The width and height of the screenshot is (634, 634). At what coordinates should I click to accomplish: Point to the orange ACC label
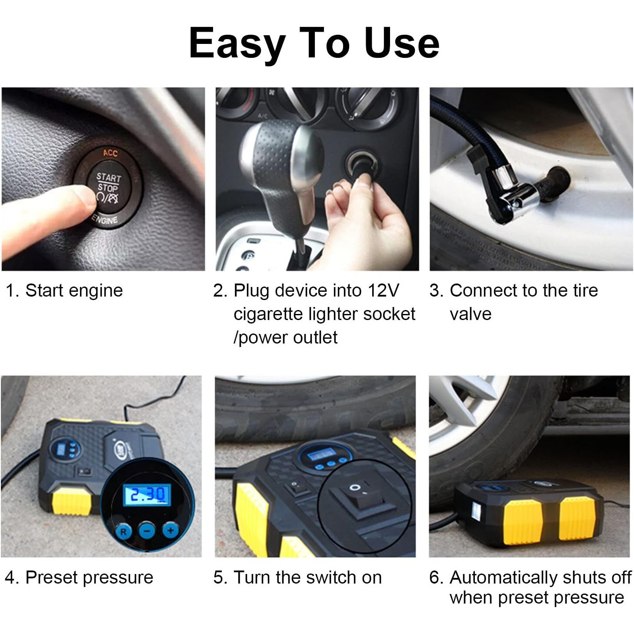pos(110,153)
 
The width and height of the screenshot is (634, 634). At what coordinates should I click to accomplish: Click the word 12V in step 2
pos(383,290)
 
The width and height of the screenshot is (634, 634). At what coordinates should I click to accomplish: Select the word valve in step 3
pos(470,314)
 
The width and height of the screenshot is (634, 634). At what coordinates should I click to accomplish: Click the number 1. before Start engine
pos(13,290)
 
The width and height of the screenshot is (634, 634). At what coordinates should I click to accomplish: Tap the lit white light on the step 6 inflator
pos(477,512)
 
